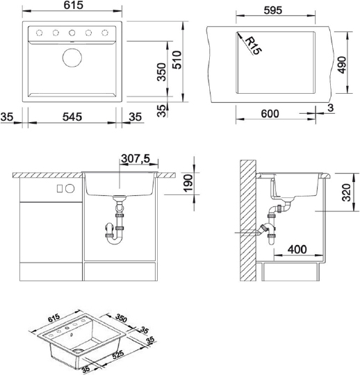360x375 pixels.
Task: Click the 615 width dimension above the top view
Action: coord(74,6)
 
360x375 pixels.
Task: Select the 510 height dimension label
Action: coord(177,60)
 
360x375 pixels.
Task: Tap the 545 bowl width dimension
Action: coord(72,117)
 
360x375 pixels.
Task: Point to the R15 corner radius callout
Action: coord(254,45)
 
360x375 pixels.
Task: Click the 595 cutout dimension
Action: coord(273,10)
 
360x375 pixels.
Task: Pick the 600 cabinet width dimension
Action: coord(270,114)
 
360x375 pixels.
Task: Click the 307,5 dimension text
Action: coord(136,158)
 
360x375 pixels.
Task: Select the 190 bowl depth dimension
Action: coord(188,183)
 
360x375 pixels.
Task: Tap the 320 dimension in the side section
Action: coord(347,192)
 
